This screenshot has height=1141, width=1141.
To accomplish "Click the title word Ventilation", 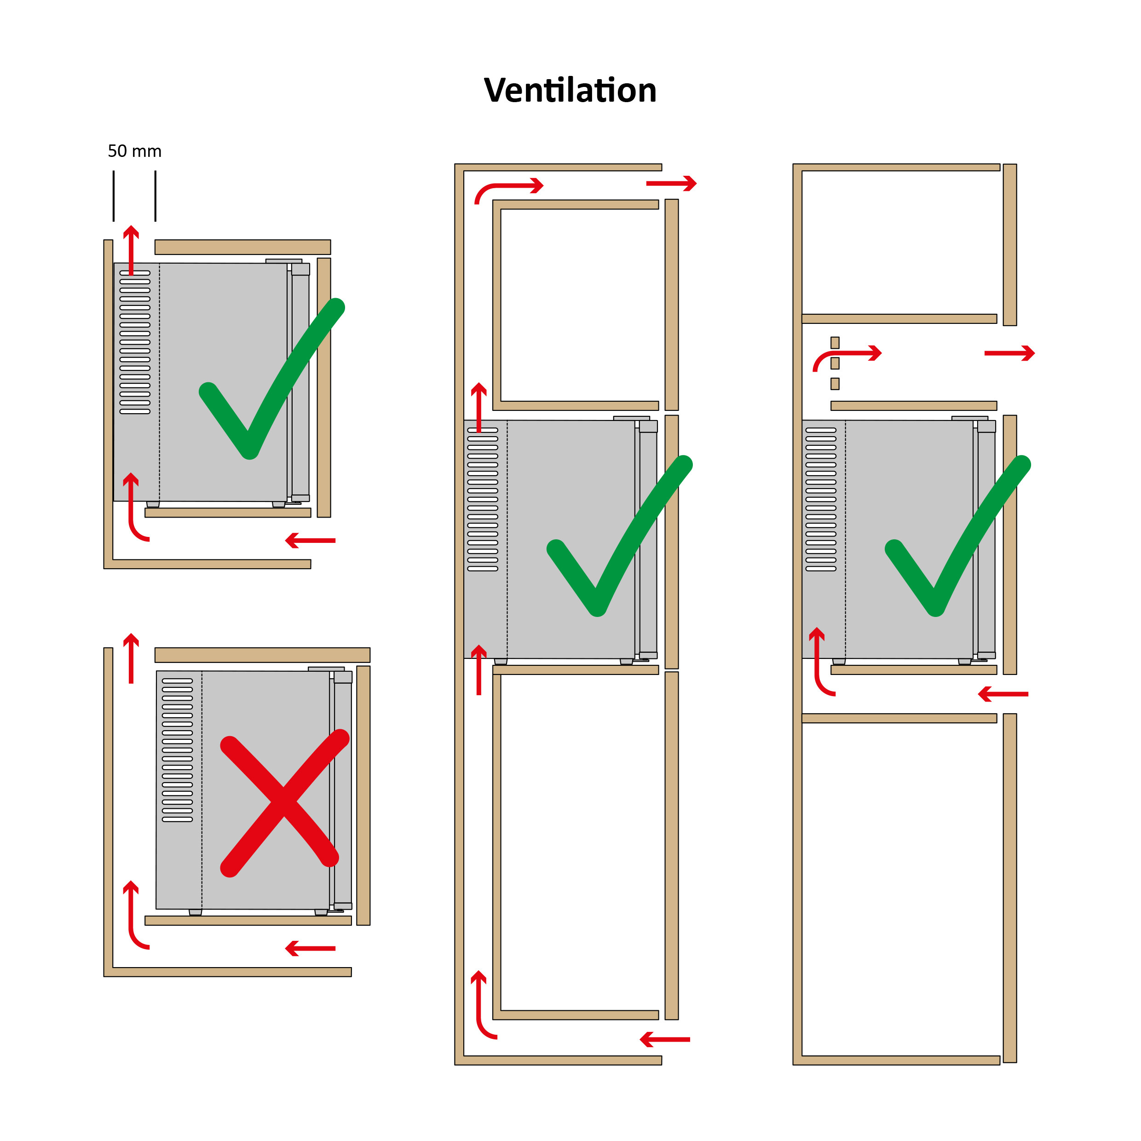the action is tap(570, 90).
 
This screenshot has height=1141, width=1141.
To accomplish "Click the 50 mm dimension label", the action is tap(135, 151).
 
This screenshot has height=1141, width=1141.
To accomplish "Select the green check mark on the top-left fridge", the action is tap(271, 379).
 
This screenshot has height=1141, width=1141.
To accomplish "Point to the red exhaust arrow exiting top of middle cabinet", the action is tap(672, 183).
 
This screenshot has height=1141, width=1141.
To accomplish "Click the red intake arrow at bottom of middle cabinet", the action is tap(664, 1039).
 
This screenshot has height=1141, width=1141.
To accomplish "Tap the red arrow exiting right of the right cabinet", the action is tap(1010, 353).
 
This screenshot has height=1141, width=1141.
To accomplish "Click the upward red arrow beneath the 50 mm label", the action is tap(131, 250).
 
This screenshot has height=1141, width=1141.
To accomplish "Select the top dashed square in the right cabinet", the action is tap(835, 343).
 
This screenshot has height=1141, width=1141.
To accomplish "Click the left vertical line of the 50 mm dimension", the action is tap(113, 196).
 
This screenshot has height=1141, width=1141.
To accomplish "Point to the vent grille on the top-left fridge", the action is tap(135, 342).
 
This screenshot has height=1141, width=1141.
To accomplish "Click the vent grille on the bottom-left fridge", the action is tap(177, 750).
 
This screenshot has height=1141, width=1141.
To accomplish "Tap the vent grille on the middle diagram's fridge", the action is tap(483, 500).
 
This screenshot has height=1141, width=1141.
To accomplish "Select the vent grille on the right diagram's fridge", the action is tap(821, 500).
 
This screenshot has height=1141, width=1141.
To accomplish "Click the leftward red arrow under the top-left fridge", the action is tap(310, 541).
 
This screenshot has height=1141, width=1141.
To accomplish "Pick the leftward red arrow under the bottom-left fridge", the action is tap(310, 949).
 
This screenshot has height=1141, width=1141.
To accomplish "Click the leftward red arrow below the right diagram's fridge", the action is tap(1003, 694).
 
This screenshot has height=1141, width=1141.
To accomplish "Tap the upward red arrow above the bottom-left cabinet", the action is tap(131, 658).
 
